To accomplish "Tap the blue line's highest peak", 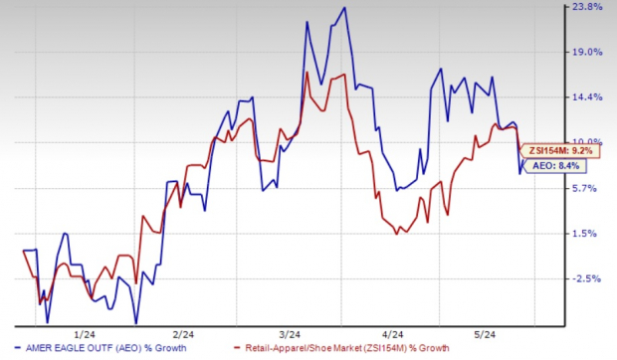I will [344, 8].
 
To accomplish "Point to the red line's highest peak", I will [343, 73].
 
